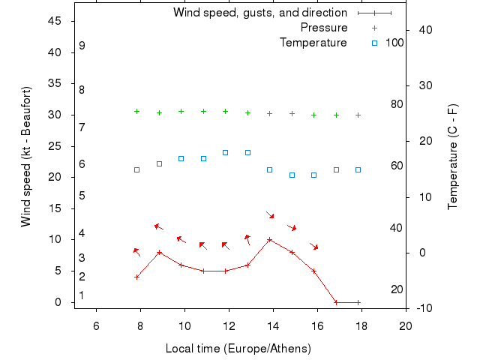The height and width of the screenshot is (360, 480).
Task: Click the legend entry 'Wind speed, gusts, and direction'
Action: [259, 13]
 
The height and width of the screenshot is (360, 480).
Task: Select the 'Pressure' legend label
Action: [324, 28]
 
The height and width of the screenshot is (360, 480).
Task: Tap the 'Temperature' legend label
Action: [313, 43]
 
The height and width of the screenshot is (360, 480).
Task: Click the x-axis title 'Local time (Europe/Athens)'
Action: [238, 349]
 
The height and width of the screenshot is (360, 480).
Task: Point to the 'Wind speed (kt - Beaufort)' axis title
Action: [25, 156]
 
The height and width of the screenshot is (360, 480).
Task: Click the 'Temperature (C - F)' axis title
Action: [453, 156]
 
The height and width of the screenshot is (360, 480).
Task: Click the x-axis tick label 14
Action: [273, 325]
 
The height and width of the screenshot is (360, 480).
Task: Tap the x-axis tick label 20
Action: [406, 325]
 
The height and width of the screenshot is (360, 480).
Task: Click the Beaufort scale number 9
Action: [82, 46]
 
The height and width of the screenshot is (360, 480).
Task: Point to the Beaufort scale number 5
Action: [82, 196]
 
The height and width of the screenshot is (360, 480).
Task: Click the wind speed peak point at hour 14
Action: [270, 240]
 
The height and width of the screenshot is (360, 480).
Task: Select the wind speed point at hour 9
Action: [159, 253]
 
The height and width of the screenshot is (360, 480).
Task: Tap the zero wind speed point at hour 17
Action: [336, 302]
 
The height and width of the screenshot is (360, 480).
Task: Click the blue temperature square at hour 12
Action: [225, 152]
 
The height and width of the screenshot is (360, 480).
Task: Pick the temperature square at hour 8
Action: [136, 169]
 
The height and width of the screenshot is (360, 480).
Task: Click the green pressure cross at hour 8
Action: [136, 111]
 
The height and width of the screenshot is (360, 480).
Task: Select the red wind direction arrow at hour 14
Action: [270, 215]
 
